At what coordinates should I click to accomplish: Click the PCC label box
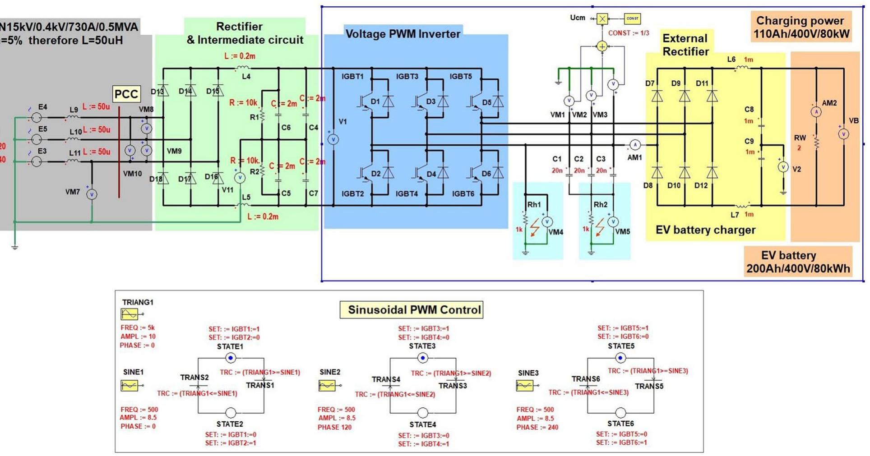(126, 94)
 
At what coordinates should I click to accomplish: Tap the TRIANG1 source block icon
(130, 314)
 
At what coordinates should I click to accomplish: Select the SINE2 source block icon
(327, 386)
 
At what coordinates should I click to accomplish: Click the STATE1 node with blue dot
(231, 358)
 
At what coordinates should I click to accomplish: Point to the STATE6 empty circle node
(620, 413)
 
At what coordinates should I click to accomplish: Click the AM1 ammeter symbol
(635, 145)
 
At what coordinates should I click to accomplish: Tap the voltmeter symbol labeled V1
(333, 139)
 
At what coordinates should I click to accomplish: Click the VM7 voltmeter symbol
(92, 194)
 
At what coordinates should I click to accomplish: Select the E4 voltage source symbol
(37, 118)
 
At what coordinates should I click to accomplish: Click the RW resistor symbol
(816, 142)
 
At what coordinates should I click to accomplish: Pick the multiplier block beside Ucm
(602, 18)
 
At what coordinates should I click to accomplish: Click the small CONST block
(632, 18)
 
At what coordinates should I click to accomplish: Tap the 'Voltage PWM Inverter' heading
(403, 34)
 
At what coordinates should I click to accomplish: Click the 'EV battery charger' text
(705, 230)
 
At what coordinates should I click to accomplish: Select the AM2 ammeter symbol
(816, 111)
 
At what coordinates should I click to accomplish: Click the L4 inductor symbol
(243, 68)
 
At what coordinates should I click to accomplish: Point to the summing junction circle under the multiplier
(602, 46)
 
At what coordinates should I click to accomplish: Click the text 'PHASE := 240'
(537, 427)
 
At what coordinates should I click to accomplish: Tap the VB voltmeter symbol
(843, 134)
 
